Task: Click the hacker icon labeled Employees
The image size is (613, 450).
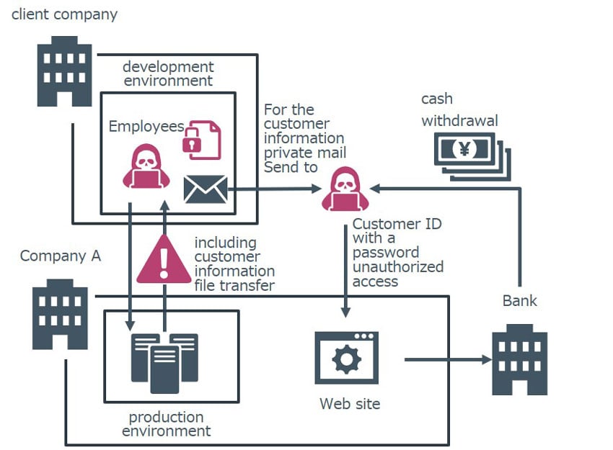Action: [146, 166]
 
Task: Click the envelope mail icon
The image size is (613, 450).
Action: [206, 189]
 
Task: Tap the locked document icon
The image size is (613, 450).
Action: [202, 140]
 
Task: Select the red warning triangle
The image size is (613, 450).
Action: [164, 258]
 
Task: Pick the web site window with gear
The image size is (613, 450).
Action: [347, 358]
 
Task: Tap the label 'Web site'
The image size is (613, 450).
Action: [350, 404]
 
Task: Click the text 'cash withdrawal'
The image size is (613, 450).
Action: [459, 109]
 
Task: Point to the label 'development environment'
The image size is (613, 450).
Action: [168, 73]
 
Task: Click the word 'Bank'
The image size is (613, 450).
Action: [519, 300]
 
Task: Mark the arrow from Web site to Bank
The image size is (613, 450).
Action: [447, 359]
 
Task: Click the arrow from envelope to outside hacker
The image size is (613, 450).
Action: [274, 189]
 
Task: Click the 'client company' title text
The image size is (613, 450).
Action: [64, 14]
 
